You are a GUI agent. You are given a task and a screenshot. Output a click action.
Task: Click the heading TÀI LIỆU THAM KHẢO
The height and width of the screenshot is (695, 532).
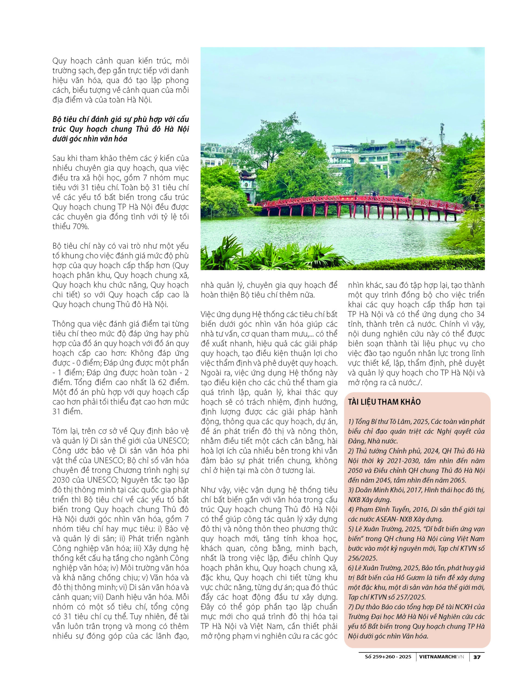pos(384,402)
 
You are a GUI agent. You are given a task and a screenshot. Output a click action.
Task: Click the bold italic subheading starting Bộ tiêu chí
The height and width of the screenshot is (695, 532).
pos(120,129)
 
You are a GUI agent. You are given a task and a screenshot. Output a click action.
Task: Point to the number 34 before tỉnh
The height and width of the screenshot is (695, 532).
pos(480,314)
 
